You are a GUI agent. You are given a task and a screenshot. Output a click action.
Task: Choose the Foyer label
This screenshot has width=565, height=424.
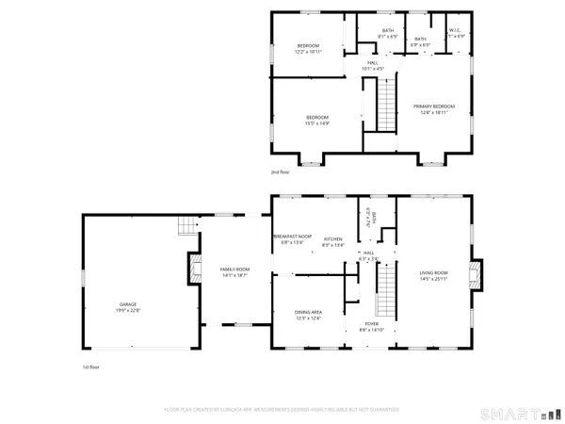(x=373, y=326)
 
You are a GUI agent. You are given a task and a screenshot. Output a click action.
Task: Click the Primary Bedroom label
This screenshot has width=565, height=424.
(x=433, y=108)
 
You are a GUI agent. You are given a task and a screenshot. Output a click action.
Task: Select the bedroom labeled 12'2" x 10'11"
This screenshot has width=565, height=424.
(x=309, y=49)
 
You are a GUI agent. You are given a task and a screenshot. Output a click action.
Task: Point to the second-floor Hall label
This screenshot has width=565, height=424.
(x=374, y=65)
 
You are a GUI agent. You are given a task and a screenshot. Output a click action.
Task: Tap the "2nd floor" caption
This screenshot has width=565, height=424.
(x=280, y=172)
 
